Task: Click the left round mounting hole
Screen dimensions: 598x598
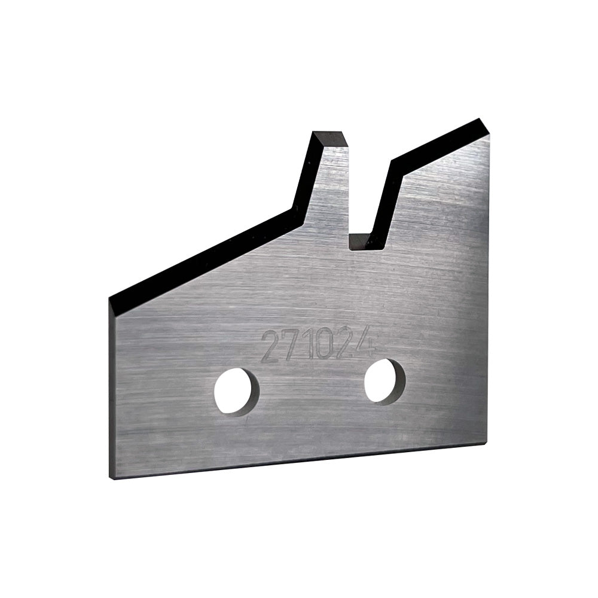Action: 237,391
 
